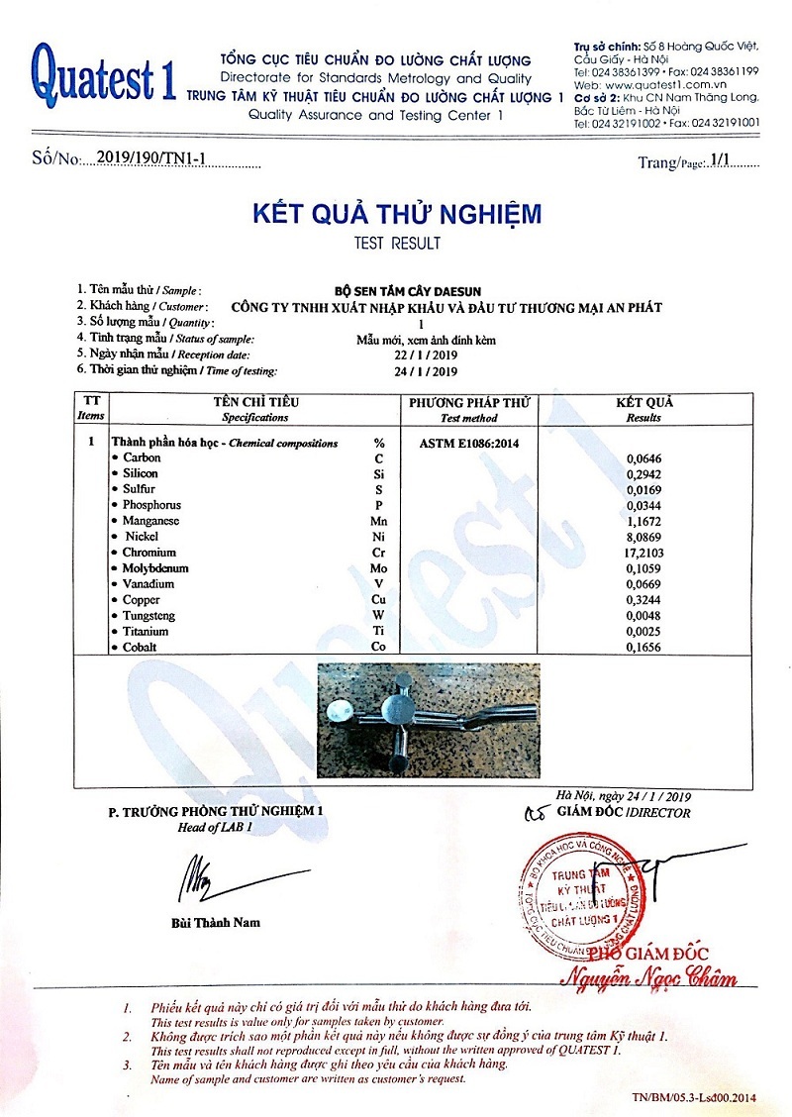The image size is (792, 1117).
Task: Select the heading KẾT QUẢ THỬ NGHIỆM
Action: coord(396,214)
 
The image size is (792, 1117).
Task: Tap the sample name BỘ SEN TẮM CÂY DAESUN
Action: coord(421,291)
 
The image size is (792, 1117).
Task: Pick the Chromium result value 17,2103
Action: coord(643,553)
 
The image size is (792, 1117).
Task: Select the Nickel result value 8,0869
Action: coord(646,537)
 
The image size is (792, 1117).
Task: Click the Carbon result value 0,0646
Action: coord(646,458)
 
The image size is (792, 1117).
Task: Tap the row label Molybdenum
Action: coord(155,568)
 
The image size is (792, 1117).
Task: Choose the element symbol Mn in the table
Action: coord(378,521)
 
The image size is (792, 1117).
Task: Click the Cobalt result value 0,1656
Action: coord(646,648)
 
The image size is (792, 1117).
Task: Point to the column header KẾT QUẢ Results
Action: coord(643,409)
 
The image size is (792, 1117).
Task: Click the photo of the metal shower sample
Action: coord(428,720)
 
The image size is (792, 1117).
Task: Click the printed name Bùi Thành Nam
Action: coord(215,922)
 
